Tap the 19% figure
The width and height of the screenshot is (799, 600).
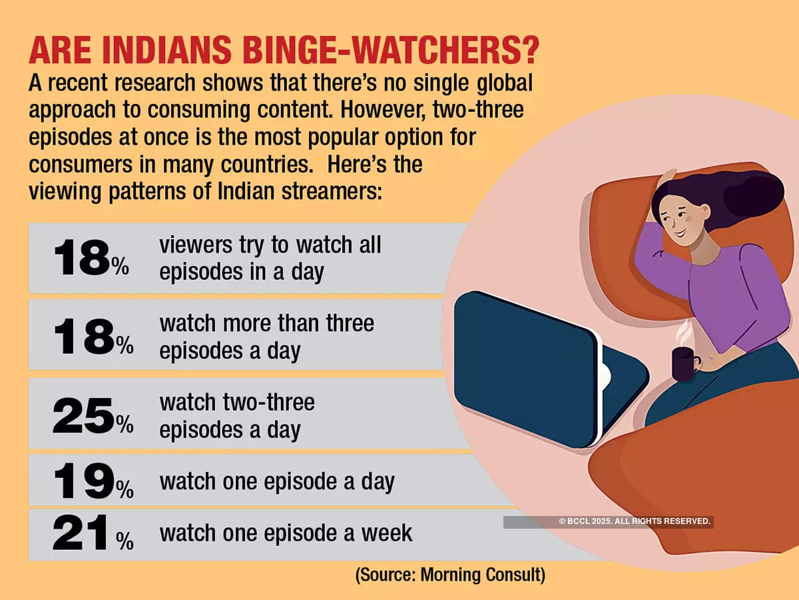93,481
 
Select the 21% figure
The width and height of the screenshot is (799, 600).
93,535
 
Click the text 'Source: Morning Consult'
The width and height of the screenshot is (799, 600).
450,575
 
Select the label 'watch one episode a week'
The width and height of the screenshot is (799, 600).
286,533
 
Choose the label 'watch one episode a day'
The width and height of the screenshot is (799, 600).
277,481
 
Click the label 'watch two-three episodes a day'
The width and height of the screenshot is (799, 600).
236,416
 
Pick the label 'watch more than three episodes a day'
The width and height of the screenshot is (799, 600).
266,337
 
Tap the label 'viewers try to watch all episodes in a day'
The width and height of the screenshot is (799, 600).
270,258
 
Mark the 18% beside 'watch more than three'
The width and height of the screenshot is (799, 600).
93,337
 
